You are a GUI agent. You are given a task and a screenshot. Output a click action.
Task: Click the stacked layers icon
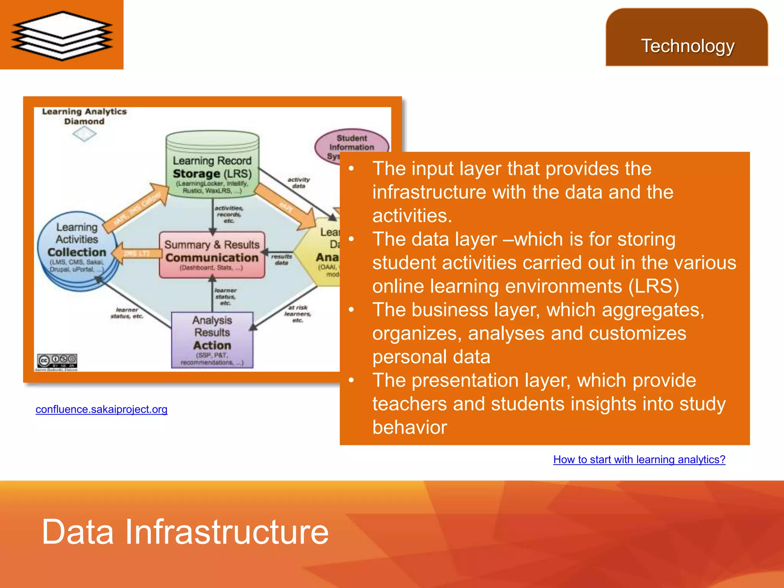(x=62, y=35)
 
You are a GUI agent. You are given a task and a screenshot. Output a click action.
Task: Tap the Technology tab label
(x=688, y=46)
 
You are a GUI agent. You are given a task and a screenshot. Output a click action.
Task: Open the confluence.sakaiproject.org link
(x=101, y=409)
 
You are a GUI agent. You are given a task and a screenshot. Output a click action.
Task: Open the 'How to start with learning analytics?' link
(x=639, y=459)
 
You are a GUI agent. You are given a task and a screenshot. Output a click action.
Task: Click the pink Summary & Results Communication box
(x=212, y=255)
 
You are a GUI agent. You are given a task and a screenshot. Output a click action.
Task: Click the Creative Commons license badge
(x=57, y=360)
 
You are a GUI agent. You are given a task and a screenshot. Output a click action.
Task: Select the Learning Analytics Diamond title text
(x=84, y=116)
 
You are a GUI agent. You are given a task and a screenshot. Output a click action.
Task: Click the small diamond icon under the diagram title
(x=84, y=134)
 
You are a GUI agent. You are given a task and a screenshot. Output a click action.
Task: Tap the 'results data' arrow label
(x=281, y=259)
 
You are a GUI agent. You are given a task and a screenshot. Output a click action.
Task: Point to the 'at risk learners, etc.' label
(x=297, y=314)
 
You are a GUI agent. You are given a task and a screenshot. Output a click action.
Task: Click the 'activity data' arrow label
(x=299, y=183)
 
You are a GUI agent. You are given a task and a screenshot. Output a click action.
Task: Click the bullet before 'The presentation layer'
(x=351, y=380)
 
